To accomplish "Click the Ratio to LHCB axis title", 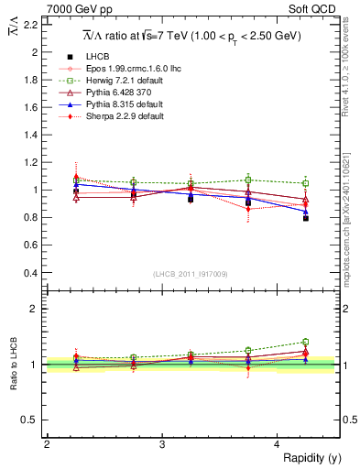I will [14, 364].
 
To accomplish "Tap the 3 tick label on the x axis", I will [162, 443].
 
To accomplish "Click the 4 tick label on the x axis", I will [278, 443].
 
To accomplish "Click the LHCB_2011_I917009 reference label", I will [191, 273].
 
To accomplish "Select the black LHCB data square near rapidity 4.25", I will [306, 218].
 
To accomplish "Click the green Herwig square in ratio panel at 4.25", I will [306, 342].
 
